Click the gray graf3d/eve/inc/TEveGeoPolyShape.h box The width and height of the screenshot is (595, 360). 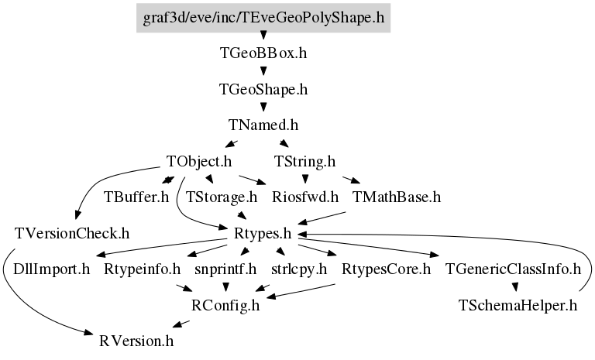pos(263,18)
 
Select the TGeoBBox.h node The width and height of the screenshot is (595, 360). pos(263,53)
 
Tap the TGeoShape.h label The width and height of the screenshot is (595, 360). pos(263,89)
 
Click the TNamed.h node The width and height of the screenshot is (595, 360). pos(263,125)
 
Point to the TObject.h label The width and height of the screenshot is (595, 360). pos(199,161)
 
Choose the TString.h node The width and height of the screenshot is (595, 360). pos(304,161)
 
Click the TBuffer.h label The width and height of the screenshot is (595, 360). pos(136,197)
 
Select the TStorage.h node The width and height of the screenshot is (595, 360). pos(222,197)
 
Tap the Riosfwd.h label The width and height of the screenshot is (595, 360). pos(305,197)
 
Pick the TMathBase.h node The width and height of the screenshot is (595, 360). pos(397,197)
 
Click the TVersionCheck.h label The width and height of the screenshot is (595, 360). pos(72,233)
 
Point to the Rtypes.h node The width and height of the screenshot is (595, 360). pos(263,233)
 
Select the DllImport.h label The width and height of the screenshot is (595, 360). pos(52,269)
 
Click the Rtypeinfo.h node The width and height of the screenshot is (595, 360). pos(143,269)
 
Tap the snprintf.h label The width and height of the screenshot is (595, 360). pos(225,269)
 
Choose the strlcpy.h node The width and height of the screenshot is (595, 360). pos(299,269)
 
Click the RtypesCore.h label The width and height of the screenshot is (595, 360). pos(387,269)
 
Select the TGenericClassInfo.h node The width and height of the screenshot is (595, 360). pos(513,269)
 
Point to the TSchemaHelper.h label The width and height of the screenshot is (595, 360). pos(518,305)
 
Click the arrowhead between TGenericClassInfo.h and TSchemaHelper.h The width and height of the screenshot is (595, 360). pos(515,287)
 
